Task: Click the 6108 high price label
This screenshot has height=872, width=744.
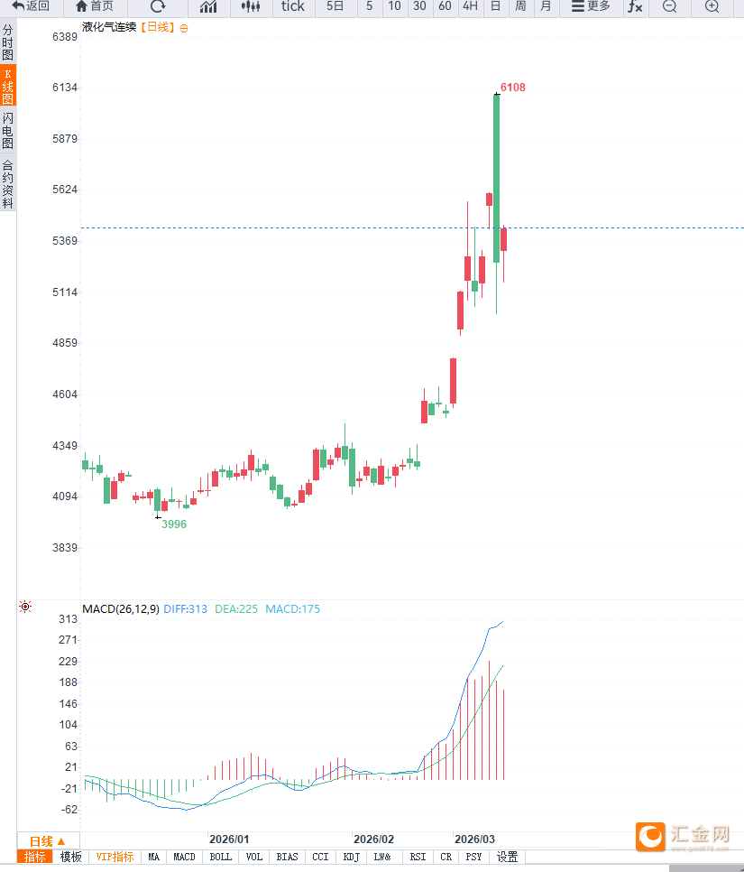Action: (x=512, y=88)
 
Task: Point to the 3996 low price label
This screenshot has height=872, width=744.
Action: (x=174, y=524)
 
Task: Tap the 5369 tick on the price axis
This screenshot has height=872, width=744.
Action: (x=64, y=241)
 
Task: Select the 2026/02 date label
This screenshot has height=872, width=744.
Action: (x=373, y=839)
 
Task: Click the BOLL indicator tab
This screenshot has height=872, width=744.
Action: (x=220, y=857)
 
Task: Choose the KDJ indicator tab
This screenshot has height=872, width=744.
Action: (x=351, y=857)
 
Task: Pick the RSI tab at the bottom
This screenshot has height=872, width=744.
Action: (x=418, y=857)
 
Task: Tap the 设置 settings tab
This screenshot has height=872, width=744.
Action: (x=508, y=857)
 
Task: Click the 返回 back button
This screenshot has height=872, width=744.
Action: (x=32, y=6)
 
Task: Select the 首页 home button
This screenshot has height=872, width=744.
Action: (x=95, y=6)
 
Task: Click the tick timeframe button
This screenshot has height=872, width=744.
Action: (x=293, y=6)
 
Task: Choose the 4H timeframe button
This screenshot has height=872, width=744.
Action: (x=470, y=6)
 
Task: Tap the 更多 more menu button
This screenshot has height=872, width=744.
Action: (x=591, y=6)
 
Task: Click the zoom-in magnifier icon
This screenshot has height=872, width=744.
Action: (x=712, y=6)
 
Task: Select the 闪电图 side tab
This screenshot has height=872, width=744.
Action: (x=8, y=131)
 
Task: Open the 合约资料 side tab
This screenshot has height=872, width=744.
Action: (x=8, y=184)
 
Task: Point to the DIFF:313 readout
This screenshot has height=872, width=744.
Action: (x=186, y=609)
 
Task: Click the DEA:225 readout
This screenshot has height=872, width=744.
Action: (x=236, y=609)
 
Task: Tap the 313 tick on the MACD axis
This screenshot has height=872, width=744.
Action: (x=68, y=619)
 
